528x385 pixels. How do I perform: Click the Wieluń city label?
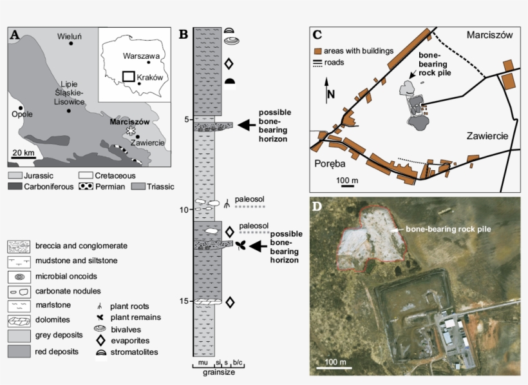click(70, 36)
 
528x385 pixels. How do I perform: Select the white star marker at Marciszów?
click(132, 130)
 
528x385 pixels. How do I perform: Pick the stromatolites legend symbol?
click(100, 352)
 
